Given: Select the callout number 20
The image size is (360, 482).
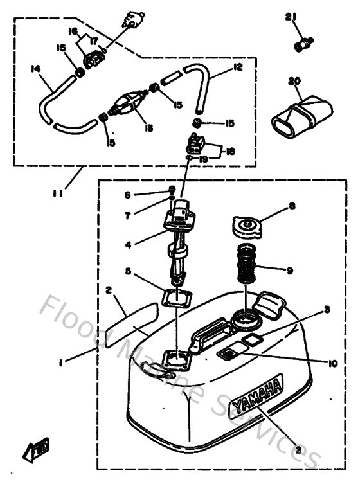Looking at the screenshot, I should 295,82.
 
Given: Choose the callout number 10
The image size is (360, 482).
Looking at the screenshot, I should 332,363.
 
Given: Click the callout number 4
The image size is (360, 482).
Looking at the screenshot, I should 128,244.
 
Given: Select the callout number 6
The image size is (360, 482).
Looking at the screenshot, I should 128,194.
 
